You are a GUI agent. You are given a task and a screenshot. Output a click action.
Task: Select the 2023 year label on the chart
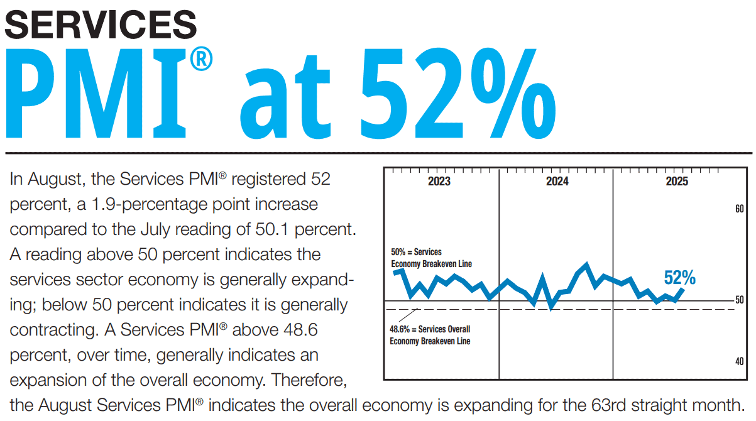coord(439,182)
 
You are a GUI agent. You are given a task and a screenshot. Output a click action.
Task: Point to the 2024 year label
coord(557,182)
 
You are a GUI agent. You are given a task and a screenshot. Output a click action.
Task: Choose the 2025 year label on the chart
coord(676,182)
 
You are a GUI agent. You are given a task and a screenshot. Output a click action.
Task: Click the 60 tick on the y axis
coord(740,209)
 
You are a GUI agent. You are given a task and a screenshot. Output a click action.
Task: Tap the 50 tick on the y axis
coord(740,300)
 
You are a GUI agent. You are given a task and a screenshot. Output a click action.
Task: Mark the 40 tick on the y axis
coord(740,361)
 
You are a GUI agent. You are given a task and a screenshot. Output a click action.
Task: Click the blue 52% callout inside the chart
coord(679,277)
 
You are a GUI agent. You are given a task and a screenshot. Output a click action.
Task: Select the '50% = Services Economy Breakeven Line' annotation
coord(430,258)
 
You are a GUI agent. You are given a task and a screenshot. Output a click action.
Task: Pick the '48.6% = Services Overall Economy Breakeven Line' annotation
coord(430,335)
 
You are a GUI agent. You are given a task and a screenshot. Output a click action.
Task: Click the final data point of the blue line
coord(683,289)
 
